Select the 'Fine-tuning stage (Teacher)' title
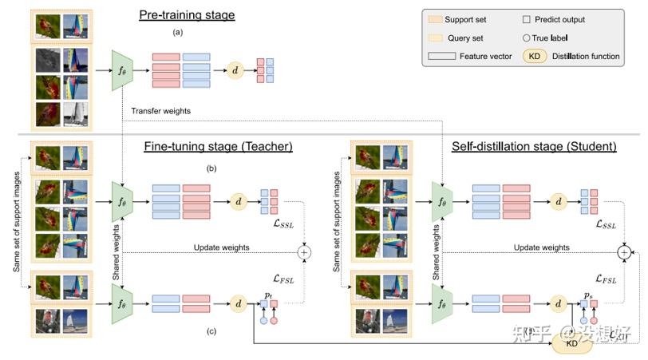(x=208, y=146)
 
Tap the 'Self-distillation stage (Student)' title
(x=523, y=146)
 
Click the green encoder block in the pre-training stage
(x=122, y=69)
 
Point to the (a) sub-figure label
(x=178, y=33)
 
